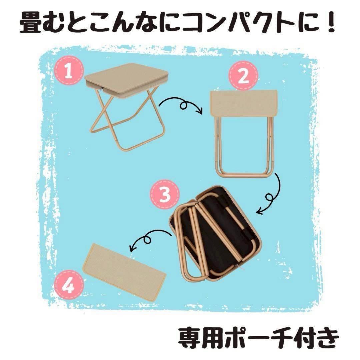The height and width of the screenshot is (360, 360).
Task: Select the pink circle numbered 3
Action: tap(165, 194)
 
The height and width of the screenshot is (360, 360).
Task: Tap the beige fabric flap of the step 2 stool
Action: tap(244, 103)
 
